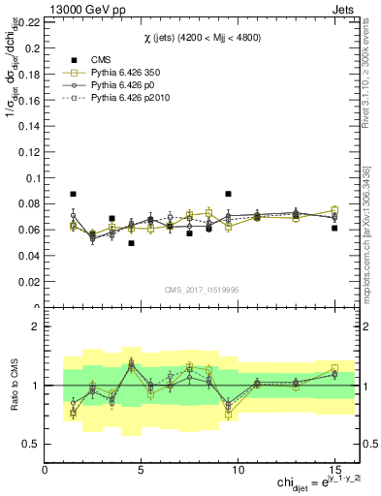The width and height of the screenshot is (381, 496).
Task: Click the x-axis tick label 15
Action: [334, 470]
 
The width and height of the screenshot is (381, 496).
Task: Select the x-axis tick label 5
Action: [142, 470]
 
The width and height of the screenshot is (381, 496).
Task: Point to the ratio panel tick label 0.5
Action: [30, 444]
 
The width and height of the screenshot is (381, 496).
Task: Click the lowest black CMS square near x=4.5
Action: [131, 243]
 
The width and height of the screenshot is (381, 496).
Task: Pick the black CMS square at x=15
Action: [334, 228]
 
